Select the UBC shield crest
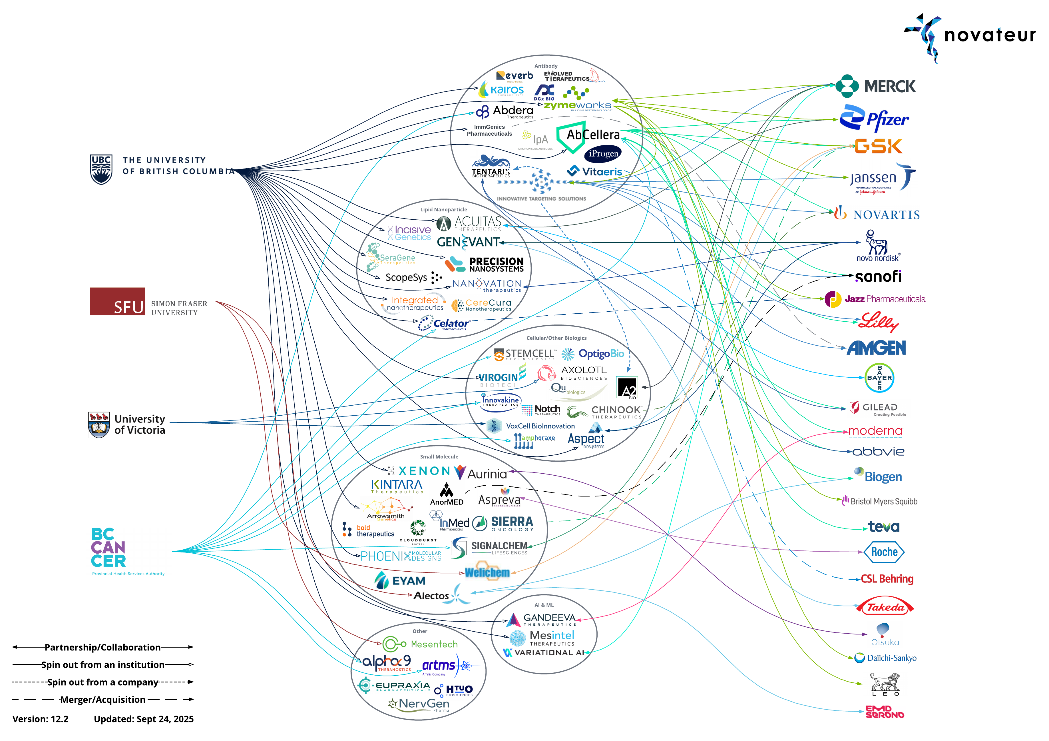101,169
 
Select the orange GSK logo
878,146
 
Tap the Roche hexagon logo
884,552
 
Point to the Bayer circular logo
879,378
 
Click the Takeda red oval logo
885,607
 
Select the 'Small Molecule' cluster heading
439,457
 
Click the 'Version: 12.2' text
40,719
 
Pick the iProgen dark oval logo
603,154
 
